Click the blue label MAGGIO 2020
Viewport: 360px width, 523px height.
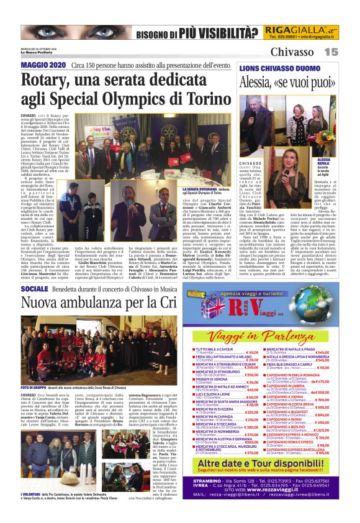(43, 65)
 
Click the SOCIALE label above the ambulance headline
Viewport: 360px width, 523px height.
(34, 289)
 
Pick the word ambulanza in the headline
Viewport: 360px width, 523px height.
(109, 303)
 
